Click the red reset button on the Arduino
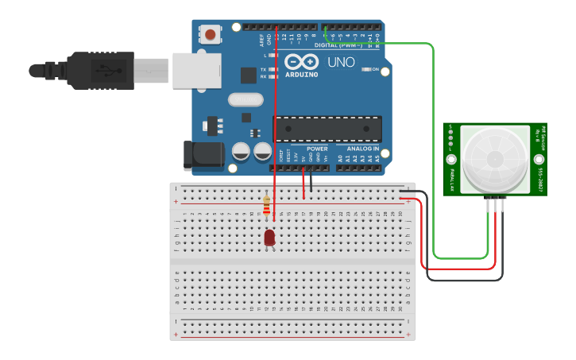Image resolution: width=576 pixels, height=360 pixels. (x=211, y=34)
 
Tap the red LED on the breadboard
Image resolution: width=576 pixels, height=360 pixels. (x=269, y=237)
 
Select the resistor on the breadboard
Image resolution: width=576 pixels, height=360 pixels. (x=267, y=206)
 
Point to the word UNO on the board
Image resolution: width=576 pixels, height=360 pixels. (x=341, y=62)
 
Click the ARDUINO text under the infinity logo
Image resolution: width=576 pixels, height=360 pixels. (x=301, y=75)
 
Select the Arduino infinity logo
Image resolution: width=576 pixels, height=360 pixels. (x=301, y=62)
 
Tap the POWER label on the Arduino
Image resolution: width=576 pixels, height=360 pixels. (x=317, y=149)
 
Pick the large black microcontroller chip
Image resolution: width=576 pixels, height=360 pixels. (x=327, y=128)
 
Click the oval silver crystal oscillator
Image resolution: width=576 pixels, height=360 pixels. (x=245, y=100)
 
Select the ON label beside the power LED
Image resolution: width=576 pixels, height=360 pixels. (x=376, y=69)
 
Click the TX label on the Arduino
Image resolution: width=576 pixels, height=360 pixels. (x=263, y=69)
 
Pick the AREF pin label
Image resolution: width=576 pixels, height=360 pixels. (x=261, y=40)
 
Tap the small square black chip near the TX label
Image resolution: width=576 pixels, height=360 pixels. (x=248, y=75)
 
